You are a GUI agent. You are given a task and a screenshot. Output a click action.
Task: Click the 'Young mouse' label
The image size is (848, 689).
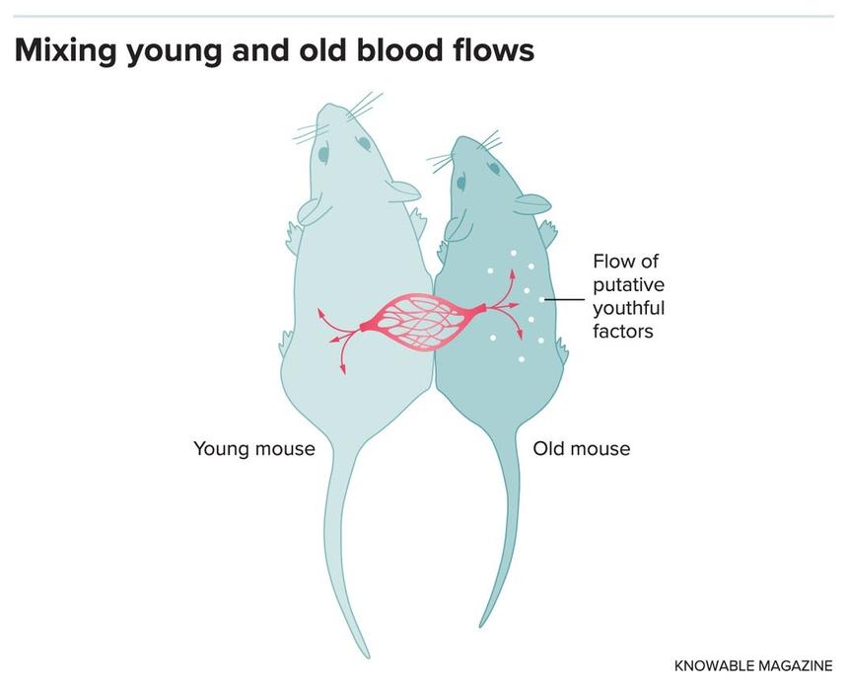(x=254, y=449)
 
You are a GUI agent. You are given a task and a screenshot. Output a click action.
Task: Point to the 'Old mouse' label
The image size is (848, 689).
(x=582, y=449)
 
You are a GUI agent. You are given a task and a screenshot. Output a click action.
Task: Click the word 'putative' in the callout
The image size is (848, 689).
(x=628, y=285)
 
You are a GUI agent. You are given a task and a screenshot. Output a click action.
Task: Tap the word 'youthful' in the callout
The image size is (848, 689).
(x=628, y=308)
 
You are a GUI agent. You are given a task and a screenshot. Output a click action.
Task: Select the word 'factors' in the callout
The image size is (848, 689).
(x=623, y=331)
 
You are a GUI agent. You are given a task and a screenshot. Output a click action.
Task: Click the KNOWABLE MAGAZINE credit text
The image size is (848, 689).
(x=753, y=665)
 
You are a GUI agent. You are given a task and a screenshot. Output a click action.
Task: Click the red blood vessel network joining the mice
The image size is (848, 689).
(x=421, y=322)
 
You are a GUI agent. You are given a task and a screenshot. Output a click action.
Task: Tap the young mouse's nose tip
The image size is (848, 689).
(x=331, y=104)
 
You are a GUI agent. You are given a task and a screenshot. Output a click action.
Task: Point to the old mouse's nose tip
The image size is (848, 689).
(x=460, y=138)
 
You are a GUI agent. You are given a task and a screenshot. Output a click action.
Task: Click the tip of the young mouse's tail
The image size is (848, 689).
(x=368, y=656)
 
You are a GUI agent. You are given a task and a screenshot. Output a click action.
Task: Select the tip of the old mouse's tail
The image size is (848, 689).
(x=481, y=626)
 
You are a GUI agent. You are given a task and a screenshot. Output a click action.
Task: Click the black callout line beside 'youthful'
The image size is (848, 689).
(x=565, y=299)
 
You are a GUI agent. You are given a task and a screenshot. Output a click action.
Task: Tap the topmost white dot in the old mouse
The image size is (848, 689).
(x=513, y=253)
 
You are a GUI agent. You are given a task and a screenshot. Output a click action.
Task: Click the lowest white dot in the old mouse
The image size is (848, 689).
(x=522, y=359)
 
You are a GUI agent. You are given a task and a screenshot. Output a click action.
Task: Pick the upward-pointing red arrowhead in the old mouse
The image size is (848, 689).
(x=511, y=272)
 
